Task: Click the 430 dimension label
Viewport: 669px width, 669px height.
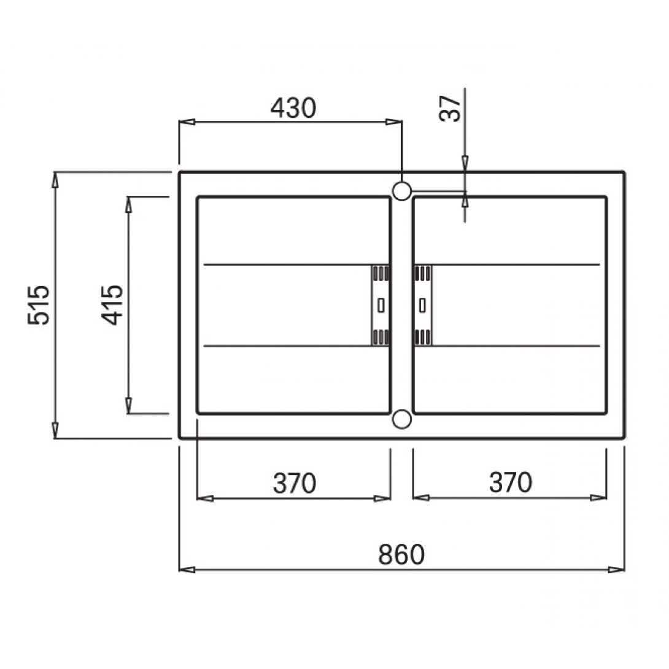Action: pyautogui.click(x=293, y=108)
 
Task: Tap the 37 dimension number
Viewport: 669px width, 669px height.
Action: pyautogui.click(x=450, y=109)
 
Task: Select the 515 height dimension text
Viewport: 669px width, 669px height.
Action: pyautogui.click(x=39, y=304)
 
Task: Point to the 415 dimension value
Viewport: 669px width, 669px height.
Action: pyautogui.click(x=112, y=304)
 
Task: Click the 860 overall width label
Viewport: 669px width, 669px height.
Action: pyautogui.click(x=401, y=554)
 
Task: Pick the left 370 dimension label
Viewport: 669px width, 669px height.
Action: pyautogui.click(x=295, y=482)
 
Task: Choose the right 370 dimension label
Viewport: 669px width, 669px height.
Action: pyautogui.click(x=511, y=482)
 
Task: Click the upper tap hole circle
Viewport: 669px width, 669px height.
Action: pyautogui.click(x=401, y=191)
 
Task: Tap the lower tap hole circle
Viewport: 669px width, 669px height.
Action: pyautogui.click(x=401, y=419)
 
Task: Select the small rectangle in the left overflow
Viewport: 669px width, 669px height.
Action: pyautogui.click(x=381, y=306)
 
